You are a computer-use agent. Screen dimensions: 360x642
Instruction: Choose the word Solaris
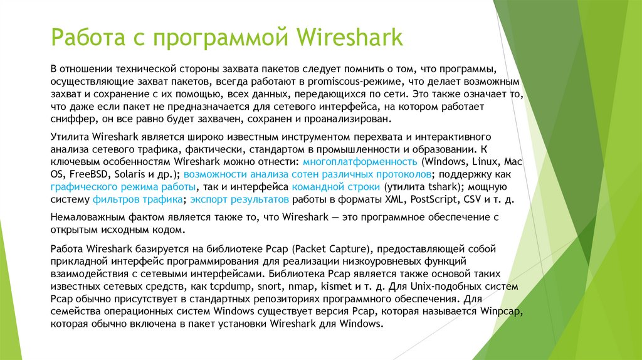tap(134, 174)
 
